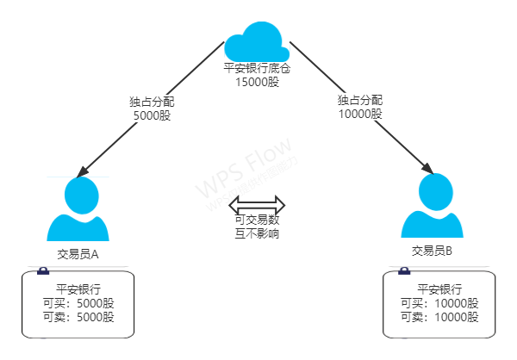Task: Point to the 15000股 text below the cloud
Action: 257,81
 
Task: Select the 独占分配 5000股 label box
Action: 153,108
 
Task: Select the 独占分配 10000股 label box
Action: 360,107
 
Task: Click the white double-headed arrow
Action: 257,205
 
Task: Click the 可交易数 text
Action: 257,220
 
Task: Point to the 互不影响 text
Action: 257,233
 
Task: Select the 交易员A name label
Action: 78,254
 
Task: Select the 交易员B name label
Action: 433,251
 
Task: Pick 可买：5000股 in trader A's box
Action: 78,303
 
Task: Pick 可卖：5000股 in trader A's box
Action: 78,317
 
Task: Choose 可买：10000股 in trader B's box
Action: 439,303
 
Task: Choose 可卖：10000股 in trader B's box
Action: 439,317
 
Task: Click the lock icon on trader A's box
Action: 43,270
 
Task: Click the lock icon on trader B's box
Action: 403,271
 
